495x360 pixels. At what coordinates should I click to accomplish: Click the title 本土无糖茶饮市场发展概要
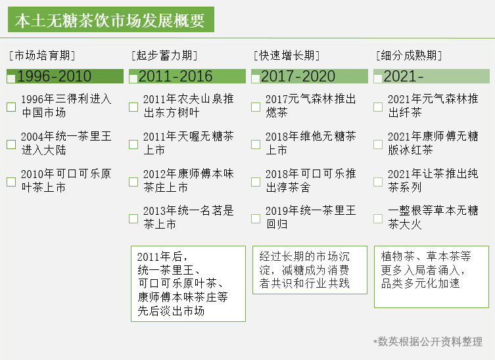111,20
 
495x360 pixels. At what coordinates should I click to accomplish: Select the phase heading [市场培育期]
42,56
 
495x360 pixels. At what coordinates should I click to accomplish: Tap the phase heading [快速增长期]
287,56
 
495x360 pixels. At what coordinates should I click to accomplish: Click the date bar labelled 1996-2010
65,76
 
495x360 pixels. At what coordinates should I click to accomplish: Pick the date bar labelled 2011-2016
187,76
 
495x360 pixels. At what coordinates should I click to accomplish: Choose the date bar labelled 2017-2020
310,76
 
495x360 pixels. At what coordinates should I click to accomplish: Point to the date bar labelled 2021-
431,76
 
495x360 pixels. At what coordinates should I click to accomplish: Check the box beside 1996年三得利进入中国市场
11,107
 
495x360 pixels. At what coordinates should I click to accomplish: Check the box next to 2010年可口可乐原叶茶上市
11,182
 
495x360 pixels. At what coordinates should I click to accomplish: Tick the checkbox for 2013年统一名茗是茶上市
133,219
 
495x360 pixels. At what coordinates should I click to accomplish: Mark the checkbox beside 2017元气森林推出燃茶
256,107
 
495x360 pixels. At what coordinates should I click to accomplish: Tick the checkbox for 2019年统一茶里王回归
256,219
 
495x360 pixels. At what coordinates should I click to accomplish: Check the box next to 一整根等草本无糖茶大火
378,219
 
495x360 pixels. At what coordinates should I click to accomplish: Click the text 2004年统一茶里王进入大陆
66,143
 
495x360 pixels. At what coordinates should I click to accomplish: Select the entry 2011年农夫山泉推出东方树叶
189,106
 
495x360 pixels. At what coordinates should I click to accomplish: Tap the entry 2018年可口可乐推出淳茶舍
311,181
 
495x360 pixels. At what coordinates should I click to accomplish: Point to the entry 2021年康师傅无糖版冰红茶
433,143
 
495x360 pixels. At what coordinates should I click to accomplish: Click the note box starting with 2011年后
189,284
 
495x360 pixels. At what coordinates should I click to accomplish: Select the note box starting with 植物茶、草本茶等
431,277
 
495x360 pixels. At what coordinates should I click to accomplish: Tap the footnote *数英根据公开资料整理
428,342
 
